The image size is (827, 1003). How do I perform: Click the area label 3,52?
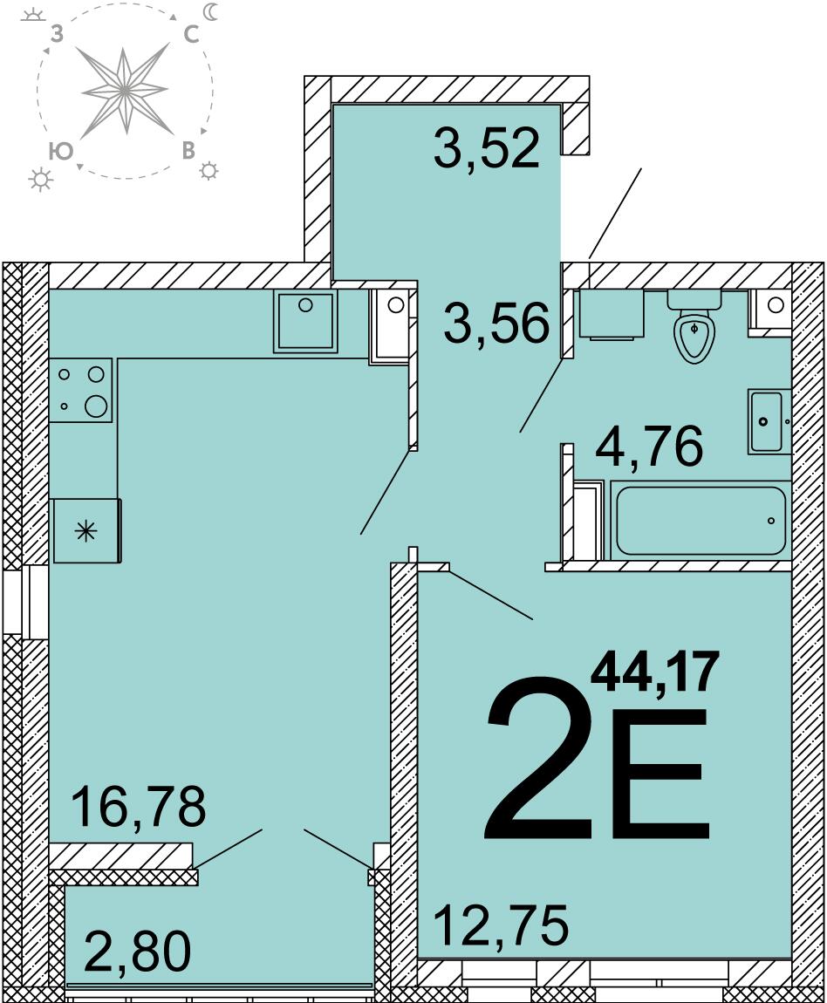(x=486, y=148)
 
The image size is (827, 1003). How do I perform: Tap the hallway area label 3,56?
(x=497, y=323)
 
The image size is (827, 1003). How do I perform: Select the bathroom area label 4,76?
(x=649, y=445)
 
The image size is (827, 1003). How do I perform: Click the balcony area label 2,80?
(x=138, y=952)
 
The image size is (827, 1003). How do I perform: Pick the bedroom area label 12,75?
(x=502, y=925)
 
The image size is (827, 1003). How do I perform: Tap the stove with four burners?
(x=81, y=390)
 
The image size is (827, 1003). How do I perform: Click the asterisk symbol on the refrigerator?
(x=85, y=531)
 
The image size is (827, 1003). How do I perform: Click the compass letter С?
(x=191, y=35)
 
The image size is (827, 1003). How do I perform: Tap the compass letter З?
(x=57, y=35)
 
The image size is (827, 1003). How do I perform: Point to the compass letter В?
(x=188, y=151)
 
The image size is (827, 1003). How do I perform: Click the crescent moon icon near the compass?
(x=211, y=11)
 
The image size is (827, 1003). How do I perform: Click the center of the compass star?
(x=126, y=90)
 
